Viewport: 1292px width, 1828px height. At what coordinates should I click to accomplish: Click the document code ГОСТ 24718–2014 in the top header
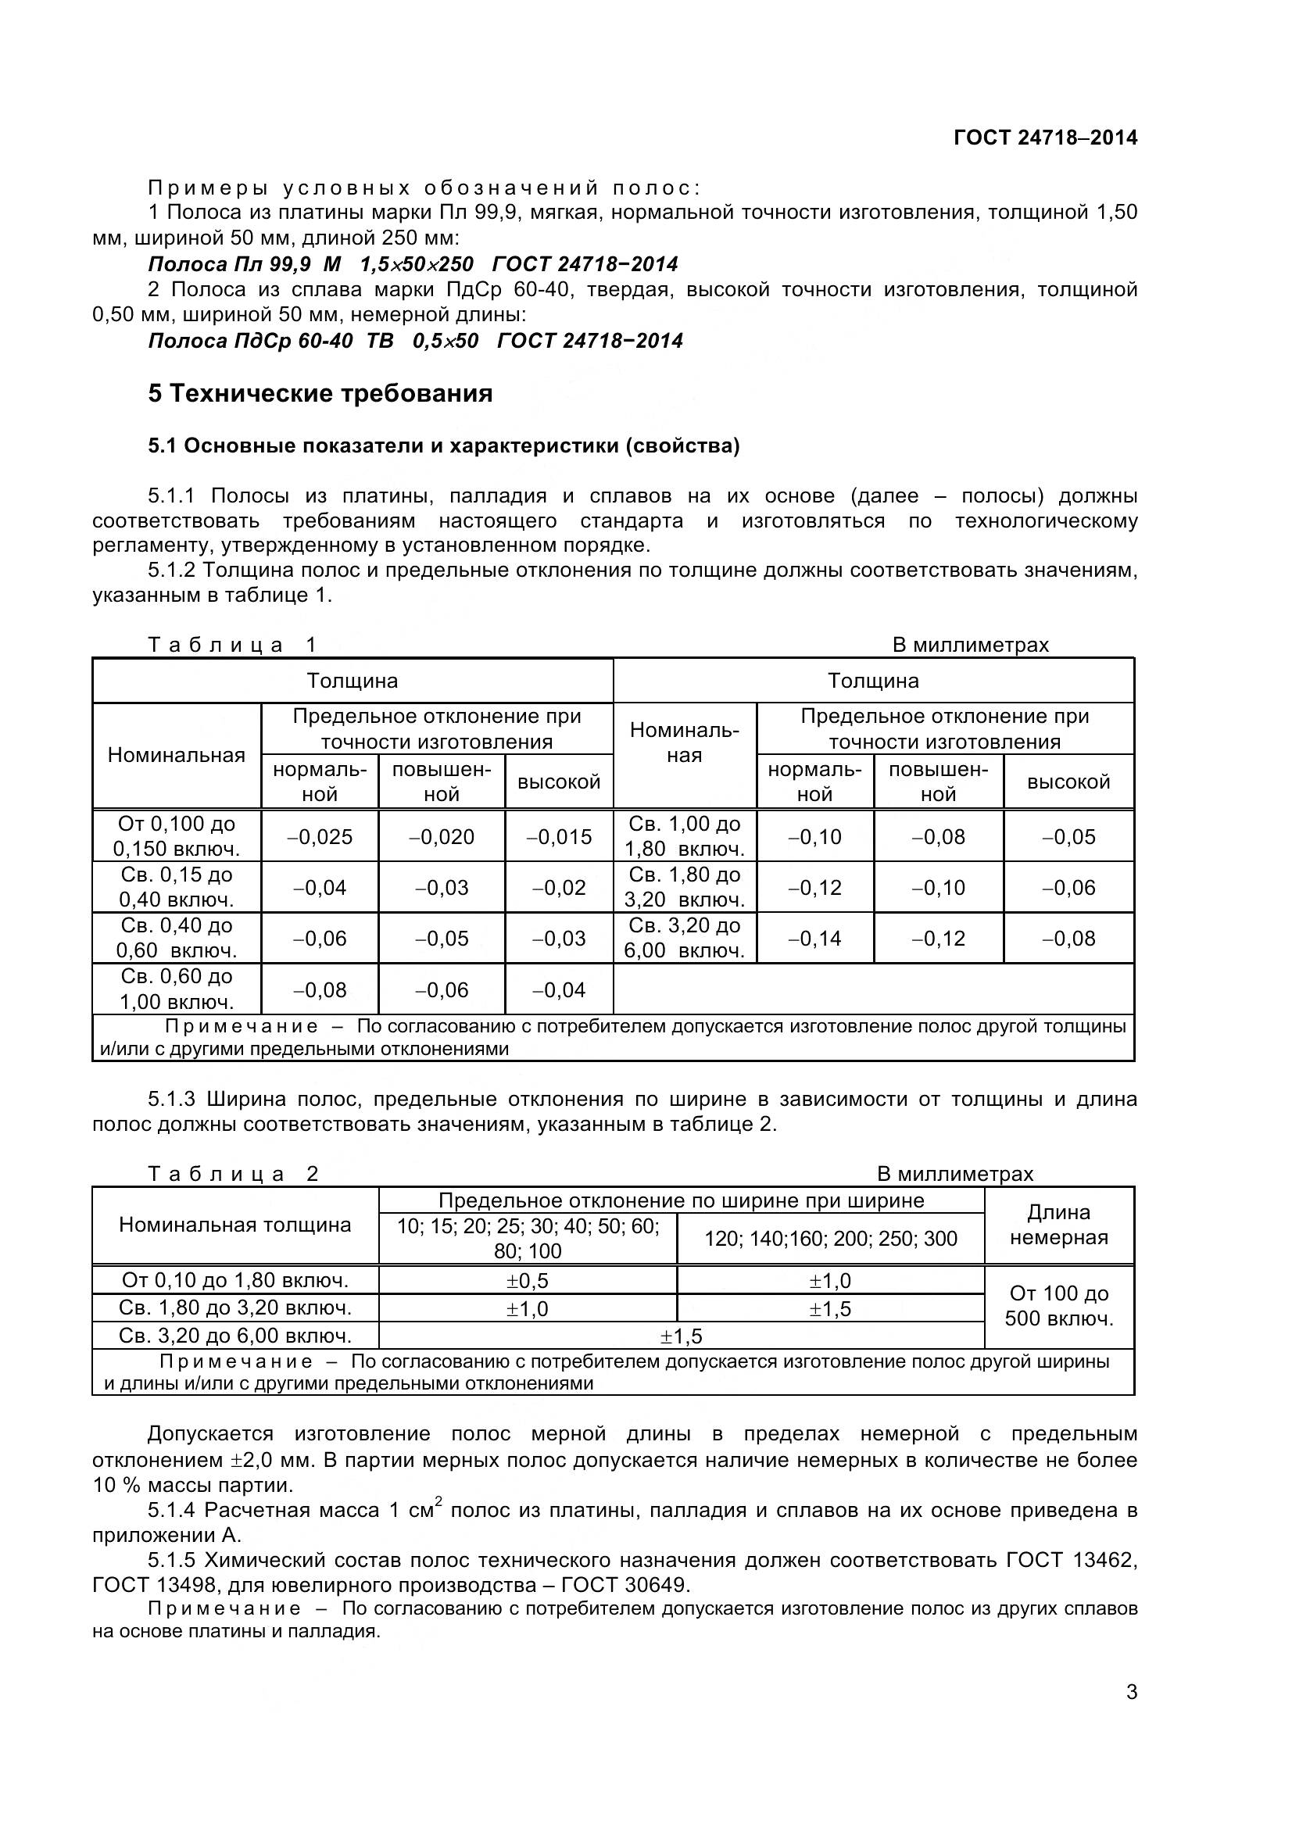pyautogui.click(x=1045, y=138)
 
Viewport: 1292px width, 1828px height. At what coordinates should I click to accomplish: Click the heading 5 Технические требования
pyautogui.click(x=320, y=393)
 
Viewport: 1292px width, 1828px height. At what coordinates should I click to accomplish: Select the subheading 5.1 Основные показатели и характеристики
pyautogui.click(x=443, y=445)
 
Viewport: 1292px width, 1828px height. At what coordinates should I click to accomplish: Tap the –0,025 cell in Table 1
pyautogui.click(x=319, y=837)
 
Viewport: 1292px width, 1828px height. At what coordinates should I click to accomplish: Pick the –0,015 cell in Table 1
pyautogui.click(x=559, y=837)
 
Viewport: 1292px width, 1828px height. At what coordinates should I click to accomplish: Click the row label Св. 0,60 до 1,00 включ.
pyautogui.click(x=176, y=989)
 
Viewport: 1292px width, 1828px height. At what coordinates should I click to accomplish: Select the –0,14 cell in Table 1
pyautogui.click(x=814, y=939)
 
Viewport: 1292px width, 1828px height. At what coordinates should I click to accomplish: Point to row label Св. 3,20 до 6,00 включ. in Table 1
pyautogui.click(x=684, y=938)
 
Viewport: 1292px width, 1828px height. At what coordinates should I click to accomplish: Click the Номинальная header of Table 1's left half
pyautogui.click(x=176, y=755)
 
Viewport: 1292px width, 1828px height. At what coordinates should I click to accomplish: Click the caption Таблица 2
pyautogui.click(x=233, y=1174)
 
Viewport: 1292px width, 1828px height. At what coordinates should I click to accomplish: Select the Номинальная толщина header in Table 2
pyautogui.click(x=234, y=1225)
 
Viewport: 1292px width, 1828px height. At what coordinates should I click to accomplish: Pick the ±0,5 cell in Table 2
pyautogui.click(x=527, y=1281)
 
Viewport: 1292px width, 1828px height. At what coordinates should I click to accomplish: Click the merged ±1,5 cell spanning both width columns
pyautogui.click(x=681, y=1336)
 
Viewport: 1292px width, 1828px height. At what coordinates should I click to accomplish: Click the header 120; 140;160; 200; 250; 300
pyautogui.click(x=830, y=1239)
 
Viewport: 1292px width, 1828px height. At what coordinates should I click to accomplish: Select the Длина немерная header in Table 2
pyautogui.click(x=1058, y=1225)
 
